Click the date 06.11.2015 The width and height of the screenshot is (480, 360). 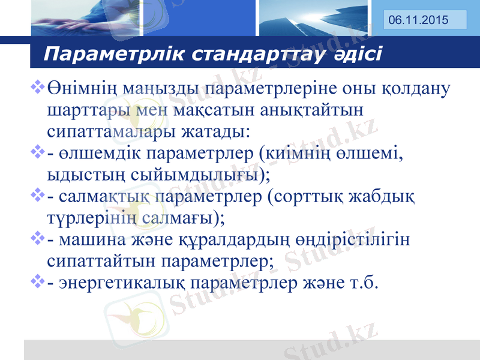click(x=418, y=20)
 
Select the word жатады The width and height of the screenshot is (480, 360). click(x=214, y=131)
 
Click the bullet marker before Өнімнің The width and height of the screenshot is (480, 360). click(x=37, y=89)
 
